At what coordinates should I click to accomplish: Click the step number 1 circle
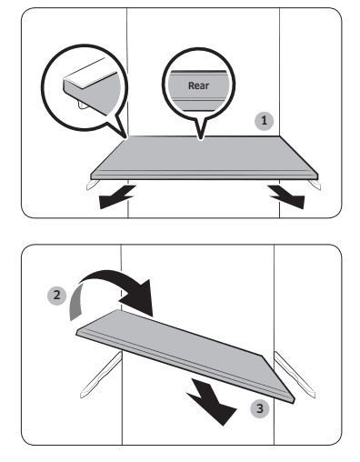[264, 121]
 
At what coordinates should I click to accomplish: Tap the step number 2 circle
[56, 296]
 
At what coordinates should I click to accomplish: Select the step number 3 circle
[260, 408]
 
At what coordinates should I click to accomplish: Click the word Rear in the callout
[198, 85]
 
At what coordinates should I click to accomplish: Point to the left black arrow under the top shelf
[116, 196]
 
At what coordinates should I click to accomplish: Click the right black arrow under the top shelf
[286, 197]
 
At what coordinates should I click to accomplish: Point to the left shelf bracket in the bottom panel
[102, 375]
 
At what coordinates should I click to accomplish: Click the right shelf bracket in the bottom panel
[294, 374]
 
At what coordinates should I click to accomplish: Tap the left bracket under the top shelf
[93, 185]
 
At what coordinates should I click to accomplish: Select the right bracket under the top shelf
[315, 185]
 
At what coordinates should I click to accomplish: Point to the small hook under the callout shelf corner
[83, 105]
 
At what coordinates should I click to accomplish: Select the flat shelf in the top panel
[205, 157]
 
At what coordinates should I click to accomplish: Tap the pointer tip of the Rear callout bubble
[200, 140]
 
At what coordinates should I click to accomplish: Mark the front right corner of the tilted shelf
[294, 401]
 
